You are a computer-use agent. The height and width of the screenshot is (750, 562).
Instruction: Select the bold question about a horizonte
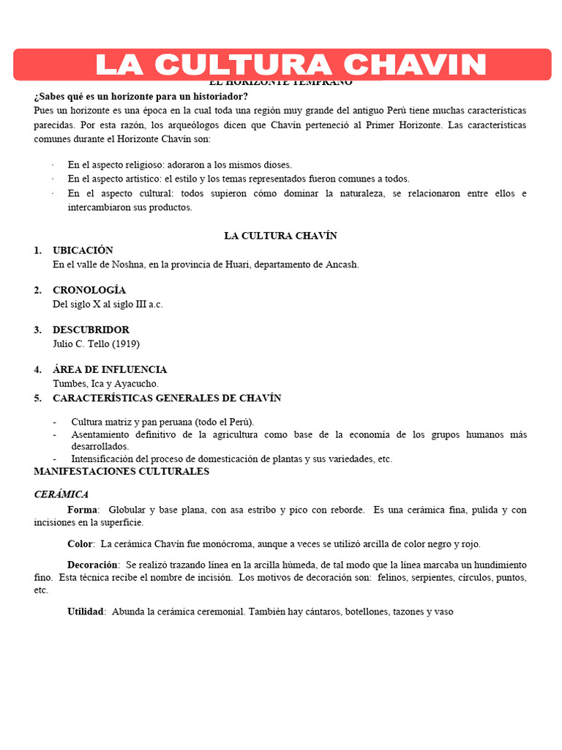(140, 97)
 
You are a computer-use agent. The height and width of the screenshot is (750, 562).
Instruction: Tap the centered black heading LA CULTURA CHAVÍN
(280, 236)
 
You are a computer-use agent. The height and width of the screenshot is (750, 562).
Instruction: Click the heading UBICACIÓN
(83, 250)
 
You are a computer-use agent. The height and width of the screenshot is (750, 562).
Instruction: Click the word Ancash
(341, 264)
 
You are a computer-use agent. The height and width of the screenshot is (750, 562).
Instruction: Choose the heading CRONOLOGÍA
(89, 290)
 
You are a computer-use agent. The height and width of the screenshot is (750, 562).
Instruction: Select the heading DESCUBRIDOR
(91, 330)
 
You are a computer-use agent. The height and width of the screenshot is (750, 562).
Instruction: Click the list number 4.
(37, 369)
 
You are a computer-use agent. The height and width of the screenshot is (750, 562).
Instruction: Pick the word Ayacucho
(136, 383)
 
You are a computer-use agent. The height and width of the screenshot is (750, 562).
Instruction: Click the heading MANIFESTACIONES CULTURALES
(121, 471)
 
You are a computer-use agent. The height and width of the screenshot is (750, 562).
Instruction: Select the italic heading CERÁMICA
(61, 494)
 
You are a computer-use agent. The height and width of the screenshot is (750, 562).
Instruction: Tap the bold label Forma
(82, 510)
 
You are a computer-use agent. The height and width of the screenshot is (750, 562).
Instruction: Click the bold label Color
(80, 544)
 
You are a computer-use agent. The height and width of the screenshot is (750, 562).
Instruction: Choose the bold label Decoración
(93, 565)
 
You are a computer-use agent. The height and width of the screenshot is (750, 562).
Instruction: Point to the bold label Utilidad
(86, 611)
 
